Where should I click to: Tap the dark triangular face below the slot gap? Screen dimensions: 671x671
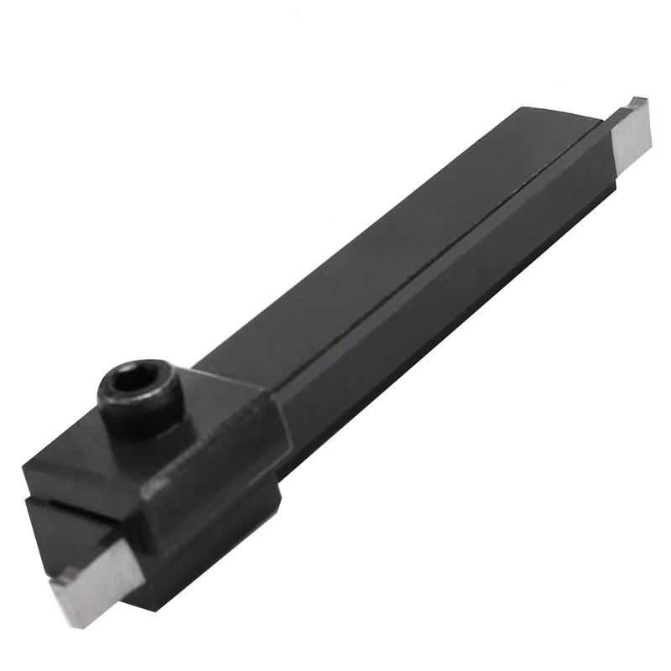coord(50,537)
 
